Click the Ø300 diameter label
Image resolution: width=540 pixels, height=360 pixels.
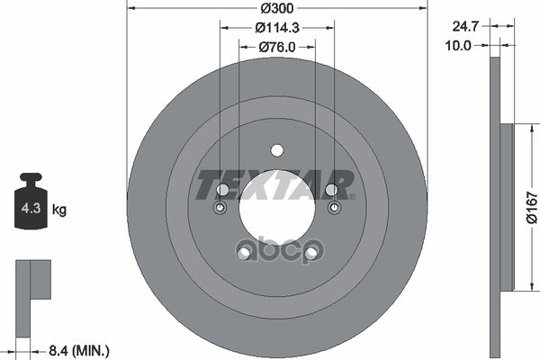[277, 8]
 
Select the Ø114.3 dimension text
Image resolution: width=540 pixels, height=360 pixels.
[277, 28]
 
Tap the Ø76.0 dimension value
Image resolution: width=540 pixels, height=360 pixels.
[277, 47]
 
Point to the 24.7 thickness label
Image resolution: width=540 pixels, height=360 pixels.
[465, 26]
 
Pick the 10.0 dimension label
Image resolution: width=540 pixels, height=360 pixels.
[458, 45]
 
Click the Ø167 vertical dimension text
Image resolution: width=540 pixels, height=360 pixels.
[532, 208]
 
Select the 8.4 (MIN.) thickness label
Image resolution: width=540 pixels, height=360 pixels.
[79, 351]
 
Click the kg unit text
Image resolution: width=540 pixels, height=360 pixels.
[59, 210]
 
